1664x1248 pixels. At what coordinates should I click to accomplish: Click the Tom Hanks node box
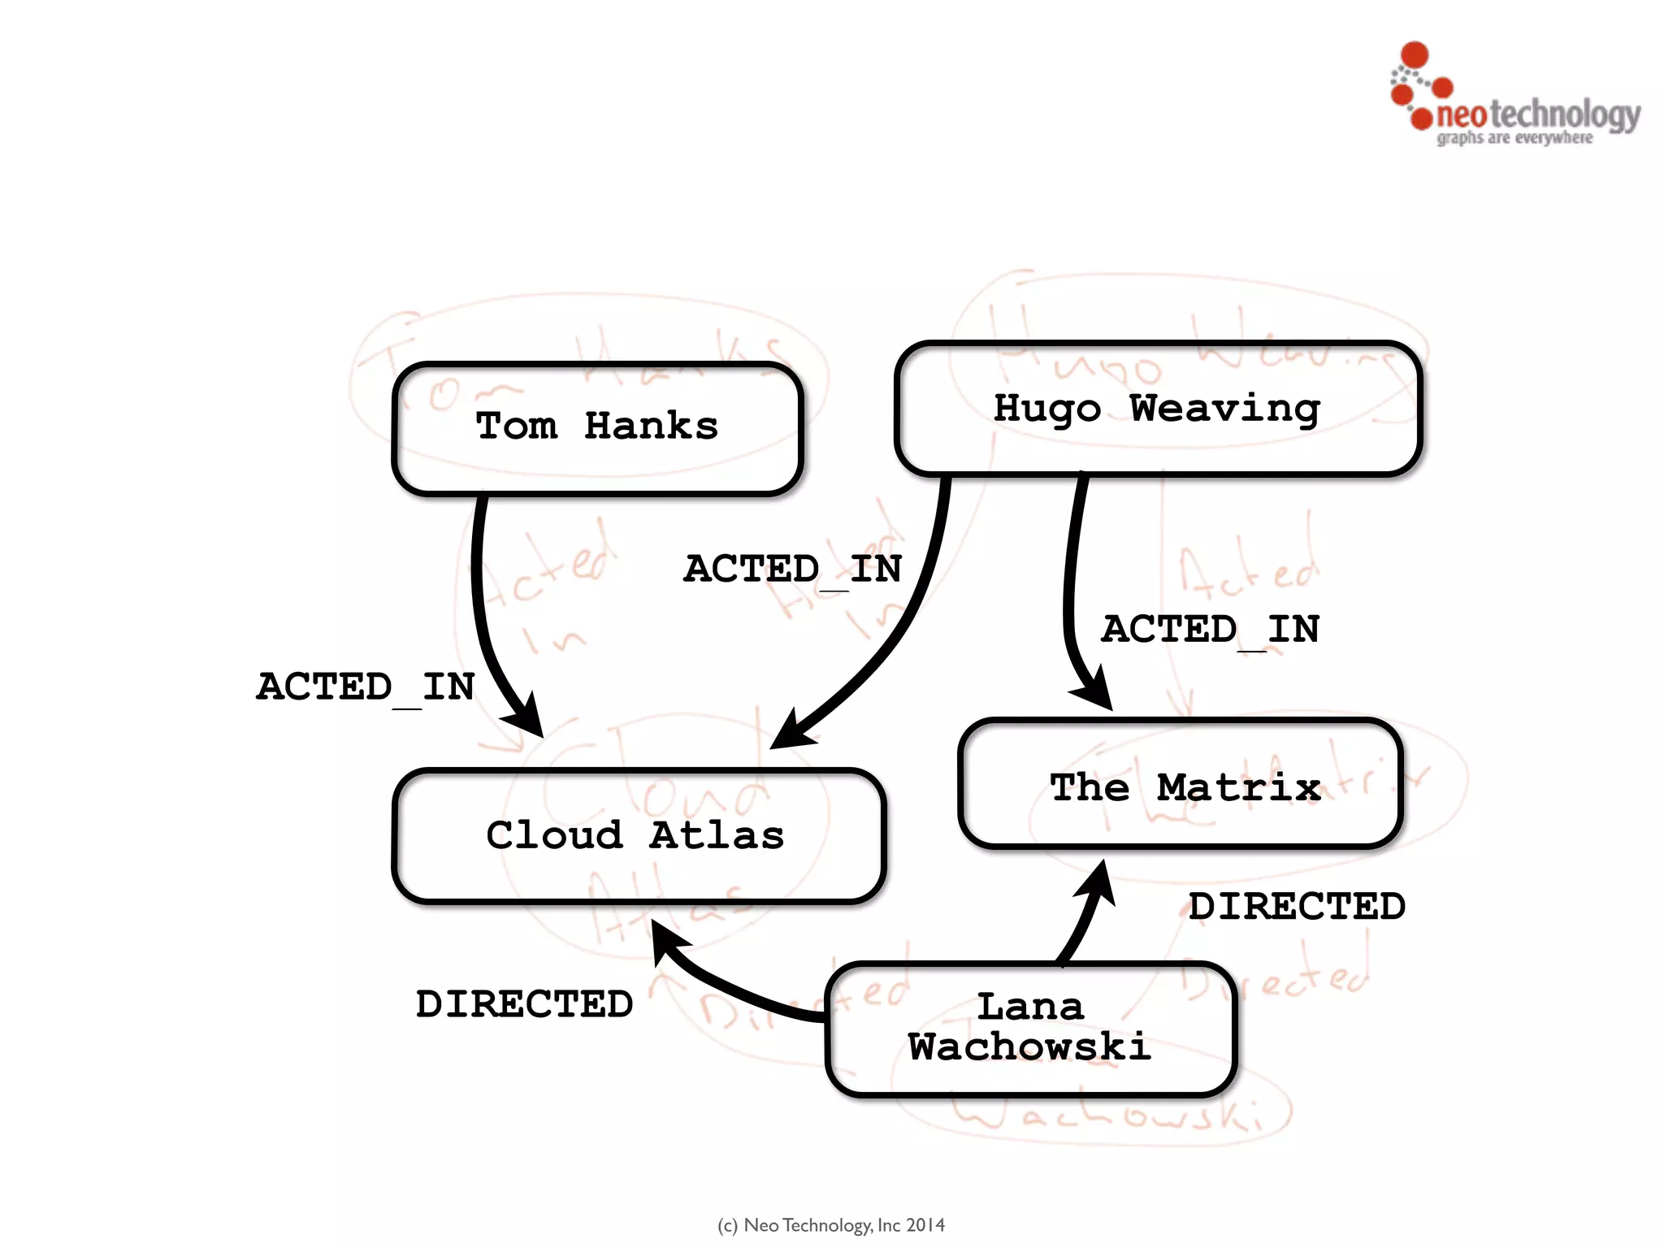point(597,428)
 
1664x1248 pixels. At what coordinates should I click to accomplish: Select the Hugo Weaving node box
point(1158,409)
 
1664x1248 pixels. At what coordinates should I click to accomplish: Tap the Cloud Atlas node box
point(639,835)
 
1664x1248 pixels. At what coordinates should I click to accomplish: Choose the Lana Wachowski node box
point(1030,1029)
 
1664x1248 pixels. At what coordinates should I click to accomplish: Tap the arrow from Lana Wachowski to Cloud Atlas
point(731,987)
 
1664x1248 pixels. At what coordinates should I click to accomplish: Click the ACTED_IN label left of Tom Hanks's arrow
point(366,687)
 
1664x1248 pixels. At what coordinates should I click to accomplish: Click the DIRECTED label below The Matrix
point(1297,907)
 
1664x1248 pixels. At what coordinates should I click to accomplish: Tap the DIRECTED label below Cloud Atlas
point(524,1005)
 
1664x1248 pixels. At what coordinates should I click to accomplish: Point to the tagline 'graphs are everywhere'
point(1514,138)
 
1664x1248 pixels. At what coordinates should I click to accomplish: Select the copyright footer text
point(831,1225)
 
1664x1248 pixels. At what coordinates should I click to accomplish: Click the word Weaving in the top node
point(1224,409)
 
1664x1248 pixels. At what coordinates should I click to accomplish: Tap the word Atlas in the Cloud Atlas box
point(717,835)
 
